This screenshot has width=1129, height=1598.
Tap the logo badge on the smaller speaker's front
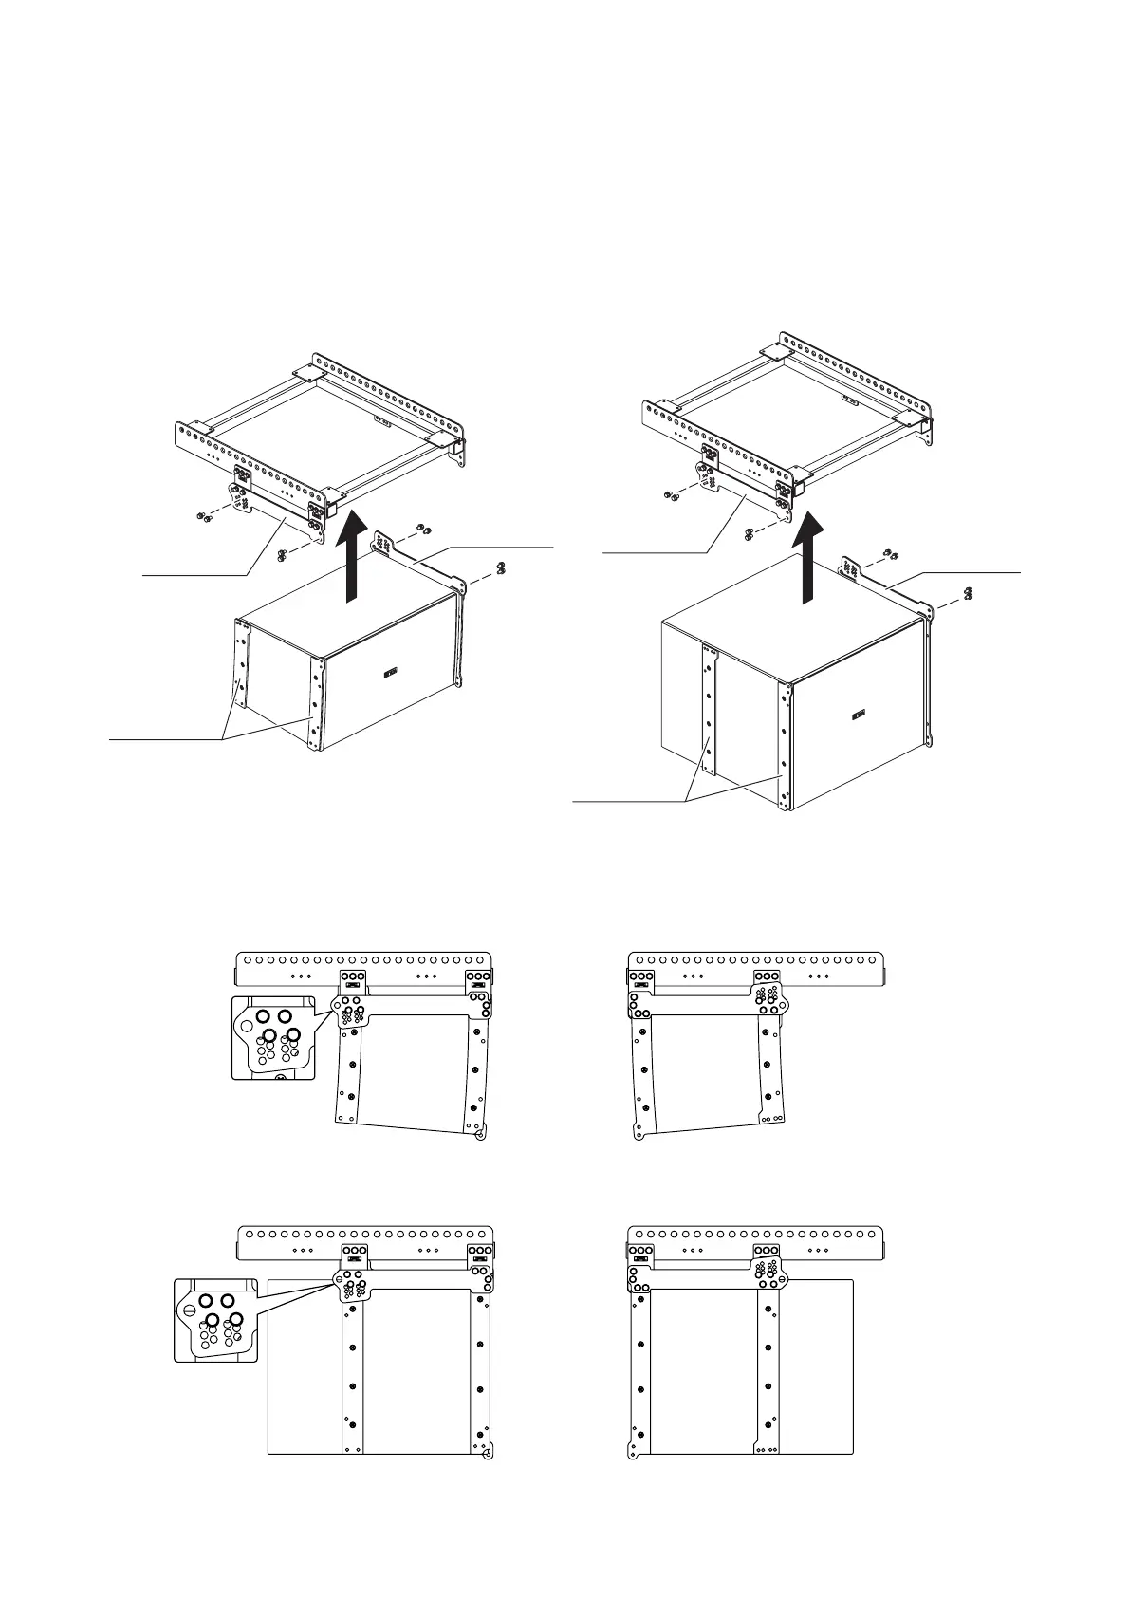[390, 674]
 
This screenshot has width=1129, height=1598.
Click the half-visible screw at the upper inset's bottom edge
[278, 1077]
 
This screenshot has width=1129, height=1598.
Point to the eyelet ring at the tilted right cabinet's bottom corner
[639, 1135]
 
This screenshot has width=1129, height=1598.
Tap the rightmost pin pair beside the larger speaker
[967, 593]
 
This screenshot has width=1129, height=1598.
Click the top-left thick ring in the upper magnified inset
[263, 1016]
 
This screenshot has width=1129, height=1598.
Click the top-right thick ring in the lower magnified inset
[229, 1300]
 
